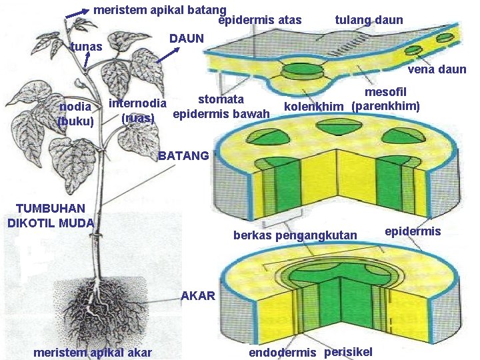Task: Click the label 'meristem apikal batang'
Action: click(x=159, y=10)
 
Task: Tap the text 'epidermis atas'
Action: click(x=260, y=20)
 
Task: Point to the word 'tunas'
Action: click(x=86, y=47)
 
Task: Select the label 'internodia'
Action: click(x=137, y=104)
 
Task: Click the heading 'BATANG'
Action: click(x=184, y=157)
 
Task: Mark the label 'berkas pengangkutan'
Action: click(x=295, y=235)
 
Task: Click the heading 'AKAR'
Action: click(x=198, y=295)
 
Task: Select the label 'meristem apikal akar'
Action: click(x=93, y=352)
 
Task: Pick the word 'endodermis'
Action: click(x=283, y=353)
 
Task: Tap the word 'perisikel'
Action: click(x=348, y=351)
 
